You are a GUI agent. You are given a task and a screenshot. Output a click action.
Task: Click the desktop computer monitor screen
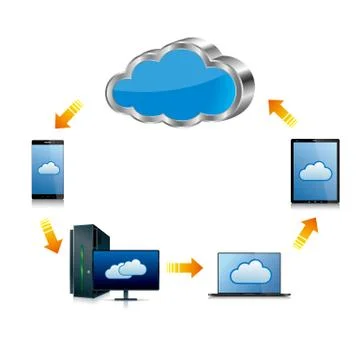124,266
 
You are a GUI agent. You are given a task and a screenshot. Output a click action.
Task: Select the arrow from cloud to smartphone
68,113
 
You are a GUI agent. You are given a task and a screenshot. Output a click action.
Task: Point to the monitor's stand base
126,298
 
